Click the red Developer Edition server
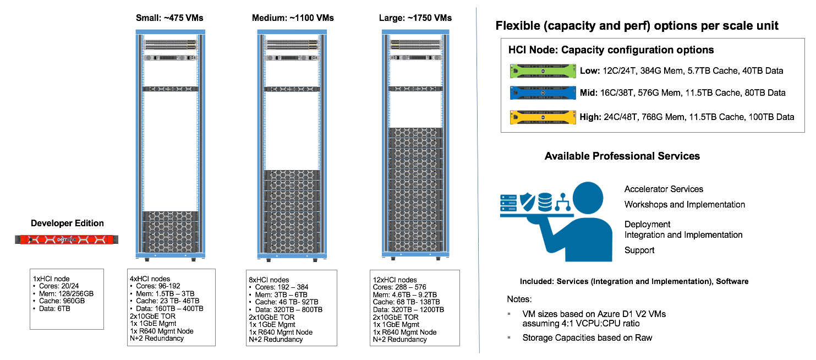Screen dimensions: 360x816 pos(66,239)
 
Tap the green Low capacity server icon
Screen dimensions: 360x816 pos(543,71)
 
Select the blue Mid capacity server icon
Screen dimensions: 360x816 pos(543,93)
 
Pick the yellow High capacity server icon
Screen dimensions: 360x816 pos(543,117)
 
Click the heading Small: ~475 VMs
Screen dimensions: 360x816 pos(169,18)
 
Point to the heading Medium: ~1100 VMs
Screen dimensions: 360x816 pos(293,18)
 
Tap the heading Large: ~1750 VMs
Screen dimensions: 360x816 pos(415,18)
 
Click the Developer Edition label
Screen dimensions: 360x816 pos(67,223)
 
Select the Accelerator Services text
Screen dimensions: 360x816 pos(664,189)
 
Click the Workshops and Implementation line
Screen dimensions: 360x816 pos(684,204)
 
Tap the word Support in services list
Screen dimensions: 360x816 pos(639,250)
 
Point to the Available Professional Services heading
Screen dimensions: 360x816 pos(622,156)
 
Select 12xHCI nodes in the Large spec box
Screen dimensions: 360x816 pos(395,280)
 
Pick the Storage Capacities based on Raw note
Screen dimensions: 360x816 pos(587,337)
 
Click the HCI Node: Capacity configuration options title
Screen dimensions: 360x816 pos(611,50)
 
